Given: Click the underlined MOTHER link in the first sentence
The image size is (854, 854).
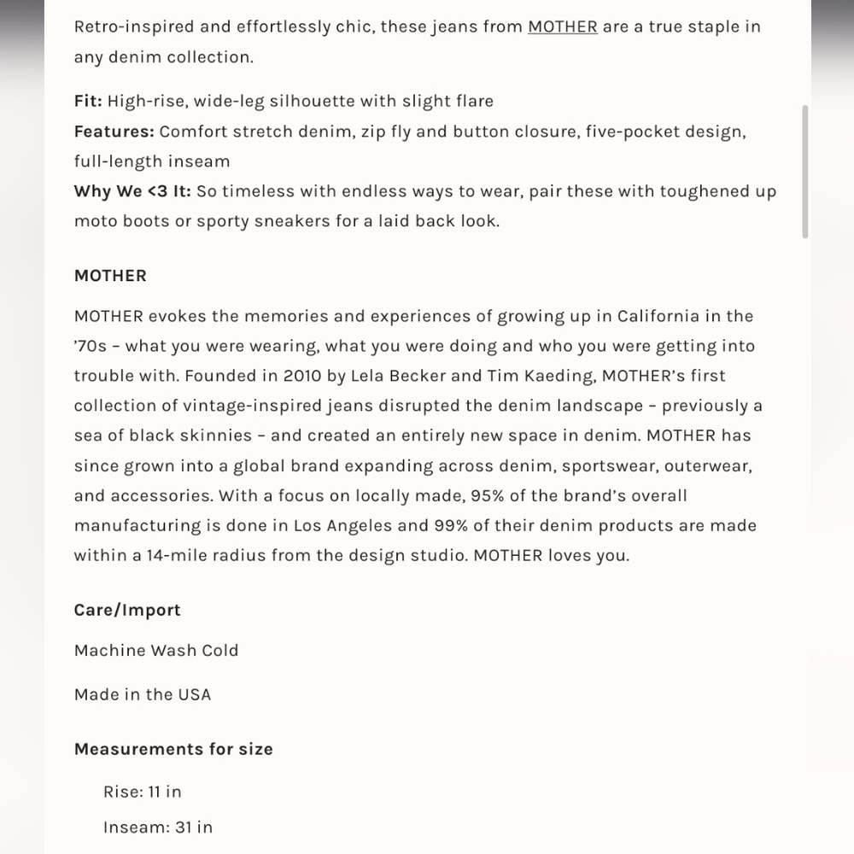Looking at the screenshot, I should [562, 26].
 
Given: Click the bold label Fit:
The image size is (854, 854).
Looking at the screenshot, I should [88, 101].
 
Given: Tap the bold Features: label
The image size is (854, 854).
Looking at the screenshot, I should [114, 132].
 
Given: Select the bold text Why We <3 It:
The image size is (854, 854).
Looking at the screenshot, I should [132, 191].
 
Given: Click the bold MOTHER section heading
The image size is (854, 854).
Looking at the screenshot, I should [110, 276].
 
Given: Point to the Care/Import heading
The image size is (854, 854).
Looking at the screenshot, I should [127, 610].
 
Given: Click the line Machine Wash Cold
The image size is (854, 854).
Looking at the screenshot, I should [156, 650].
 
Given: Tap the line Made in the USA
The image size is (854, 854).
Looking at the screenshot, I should [143, 694].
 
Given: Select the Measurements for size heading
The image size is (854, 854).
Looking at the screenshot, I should [173, 749].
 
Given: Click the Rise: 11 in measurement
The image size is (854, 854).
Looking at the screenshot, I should [143, 792].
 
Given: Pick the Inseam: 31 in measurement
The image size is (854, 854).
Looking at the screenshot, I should [158, 827].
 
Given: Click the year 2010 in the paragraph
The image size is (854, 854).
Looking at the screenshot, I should [302, 376].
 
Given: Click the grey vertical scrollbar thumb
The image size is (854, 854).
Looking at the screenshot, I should [805, 171].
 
